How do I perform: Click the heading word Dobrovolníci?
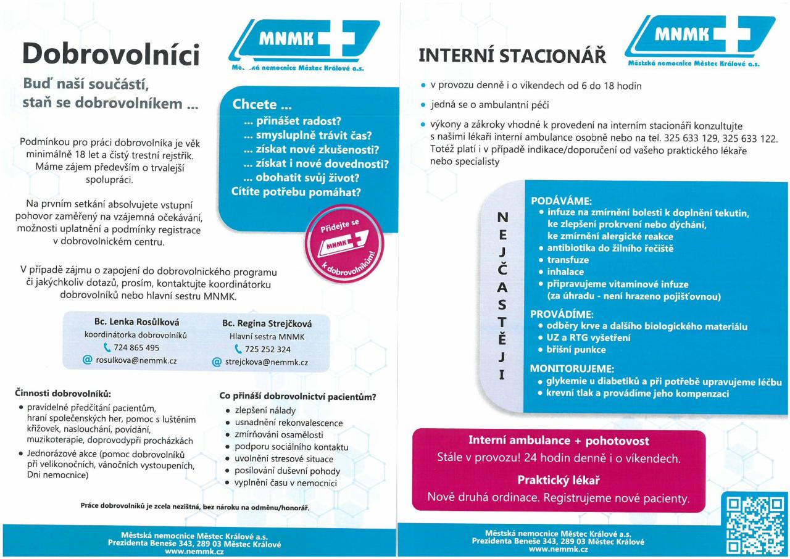111,55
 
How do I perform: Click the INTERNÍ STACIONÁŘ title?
512,56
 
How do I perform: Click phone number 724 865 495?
136,347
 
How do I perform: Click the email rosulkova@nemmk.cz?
136,360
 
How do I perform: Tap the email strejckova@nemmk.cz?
267,363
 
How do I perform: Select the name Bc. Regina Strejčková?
267,323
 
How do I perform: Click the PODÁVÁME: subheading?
561,201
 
